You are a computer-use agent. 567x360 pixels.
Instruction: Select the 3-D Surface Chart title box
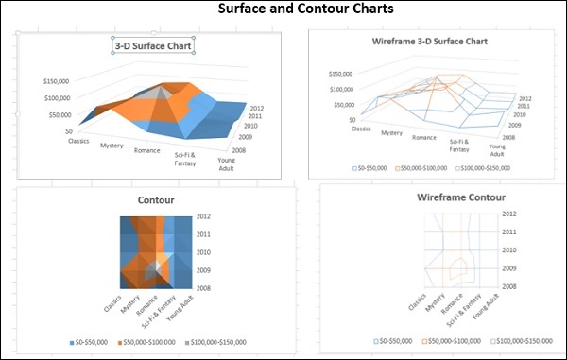point(153,45)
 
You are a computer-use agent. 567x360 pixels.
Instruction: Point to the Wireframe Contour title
point(460,197)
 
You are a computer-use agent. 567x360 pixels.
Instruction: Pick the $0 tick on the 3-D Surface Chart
point(68,131)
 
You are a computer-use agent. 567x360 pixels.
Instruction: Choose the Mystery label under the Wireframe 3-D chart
point(392,133)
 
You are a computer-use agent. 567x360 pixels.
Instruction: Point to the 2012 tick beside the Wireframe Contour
point(509,214)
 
